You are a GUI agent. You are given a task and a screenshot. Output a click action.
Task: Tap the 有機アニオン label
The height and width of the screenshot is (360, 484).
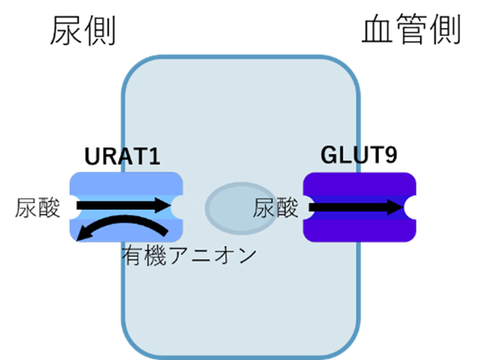coord(187,255)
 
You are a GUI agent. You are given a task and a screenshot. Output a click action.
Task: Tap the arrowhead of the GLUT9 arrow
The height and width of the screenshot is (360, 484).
coord(397,208)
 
